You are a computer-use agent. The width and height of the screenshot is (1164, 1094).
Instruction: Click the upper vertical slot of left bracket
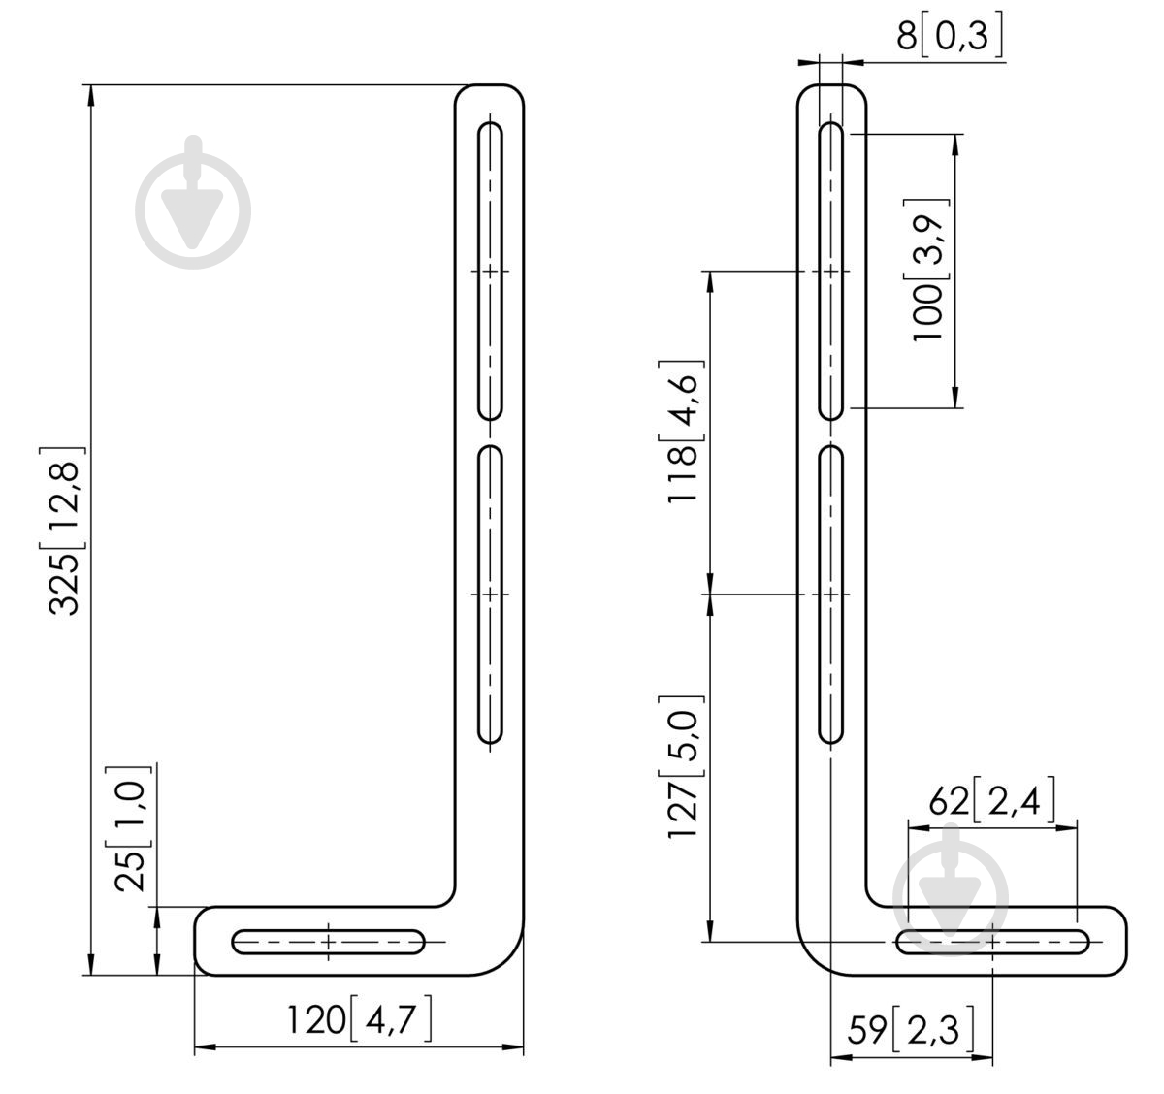pyautogui.click(x=490, y=271)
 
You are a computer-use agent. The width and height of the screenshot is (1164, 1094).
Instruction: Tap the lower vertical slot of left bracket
pyautogui.click(x=490, y=595)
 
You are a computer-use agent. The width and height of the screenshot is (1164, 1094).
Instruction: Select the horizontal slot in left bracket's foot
pyautogui.click(x=328, y=942)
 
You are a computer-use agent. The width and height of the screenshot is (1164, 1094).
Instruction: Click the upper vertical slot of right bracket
pyautogui.click(x=830, y=271)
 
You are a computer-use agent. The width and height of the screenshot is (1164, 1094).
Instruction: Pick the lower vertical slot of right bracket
pyautogui.click(x=830, y=595)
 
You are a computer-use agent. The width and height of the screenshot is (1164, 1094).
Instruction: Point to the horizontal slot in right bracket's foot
pyautogui.click(x=992, y=942)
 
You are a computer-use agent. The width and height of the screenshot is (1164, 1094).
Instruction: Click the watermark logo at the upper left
pyautogui.click(x=193, y=203)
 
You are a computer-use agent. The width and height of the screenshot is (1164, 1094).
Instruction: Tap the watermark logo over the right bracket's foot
pyautogui.click(x=950, y=889)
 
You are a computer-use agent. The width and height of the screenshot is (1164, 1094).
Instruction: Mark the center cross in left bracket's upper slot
pyautogui.click(x=490, y=271)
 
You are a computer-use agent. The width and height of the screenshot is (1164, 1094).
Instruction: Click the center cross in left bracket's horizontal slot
pyautogui.click(x=328, y=942)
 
